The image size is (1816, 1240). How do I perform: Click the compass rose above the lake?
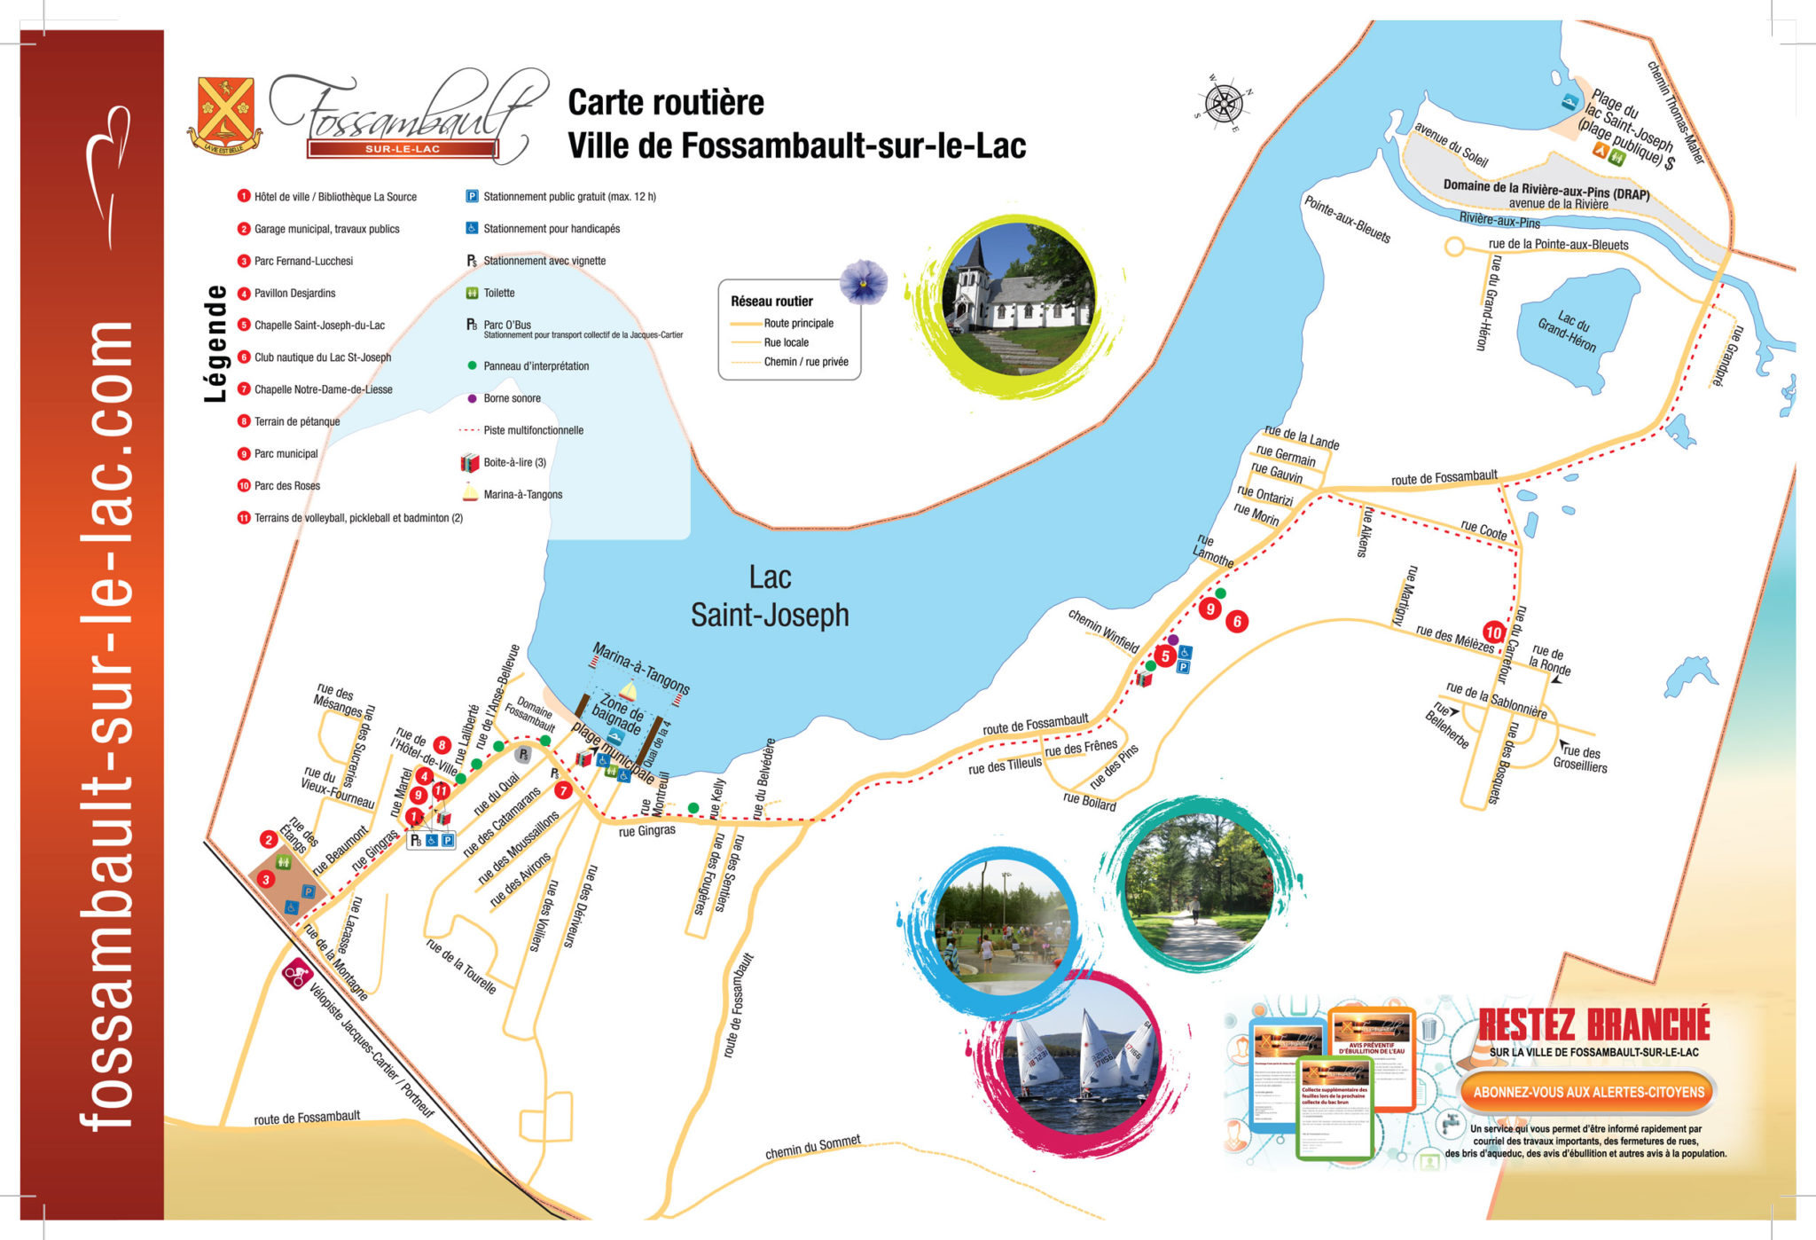[1224, 104]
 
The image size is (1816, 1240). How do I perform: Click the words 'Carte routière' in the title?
[665, 103]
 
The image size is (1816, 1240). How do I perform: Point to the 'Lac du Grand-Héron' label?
[1567, 332]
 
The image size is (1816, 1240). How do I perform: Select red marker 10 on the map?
[1494, 632]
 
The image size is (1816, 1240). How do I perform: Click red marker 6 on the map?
[1237, 622]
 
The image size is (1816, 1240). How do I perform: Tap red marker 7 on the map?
[563, 790]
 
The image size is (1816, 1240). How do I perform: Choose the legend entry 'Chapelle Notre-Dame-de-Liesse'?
[323, 389]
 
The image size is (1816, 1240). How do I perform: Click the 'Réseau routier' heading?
[771, 302]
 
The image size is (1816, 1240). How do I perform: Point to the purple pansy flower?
[863, 281]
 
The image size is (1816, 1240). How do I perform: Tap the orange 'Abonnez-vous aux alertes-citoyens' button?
[1588, 1092]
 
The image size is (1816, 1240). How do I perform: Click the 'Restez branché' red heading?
[1593, 1025]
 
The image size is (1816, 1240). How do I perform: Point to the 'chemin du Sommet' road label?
[812, 1147]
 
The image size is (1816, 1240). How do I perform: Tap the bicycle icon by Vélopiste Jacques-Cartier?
[295, 974]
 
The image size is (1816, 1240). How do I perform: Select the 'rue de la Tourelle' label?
[460, 966]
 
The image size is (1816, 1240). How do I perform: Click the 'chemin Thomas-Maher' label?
[1676, 112]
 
